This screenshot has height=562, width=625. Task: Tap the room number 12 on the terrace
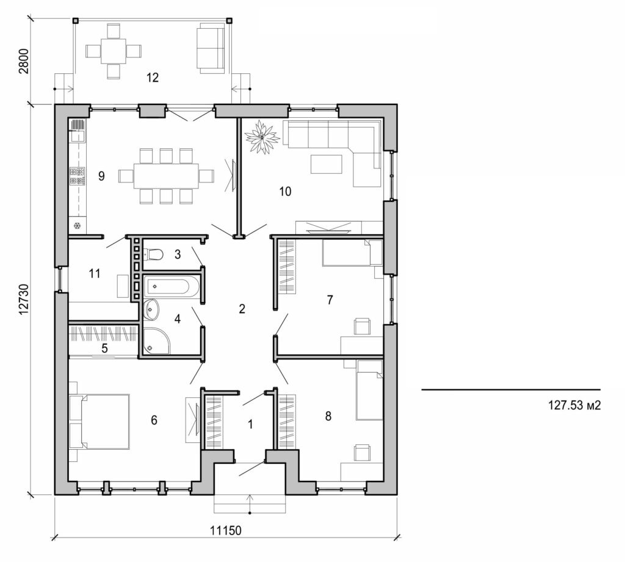point(152,77)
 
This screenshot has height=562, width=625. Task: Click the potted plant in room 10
point(262,136)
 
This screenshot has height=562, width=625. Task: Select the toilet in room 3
point(154,254)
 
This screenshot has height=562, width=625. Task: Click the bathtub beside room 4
point(172,286)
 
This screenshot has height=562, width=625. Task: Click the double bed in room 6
point(104,422)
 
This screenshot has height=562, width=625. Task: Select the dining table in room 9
point(166,176)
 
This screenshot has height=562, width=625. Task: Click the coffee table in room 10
point(327,164)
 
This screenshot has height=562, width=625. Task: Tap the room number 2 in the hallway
point(242,309)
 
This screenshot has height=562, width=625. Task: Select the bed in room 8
point(369,391)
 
